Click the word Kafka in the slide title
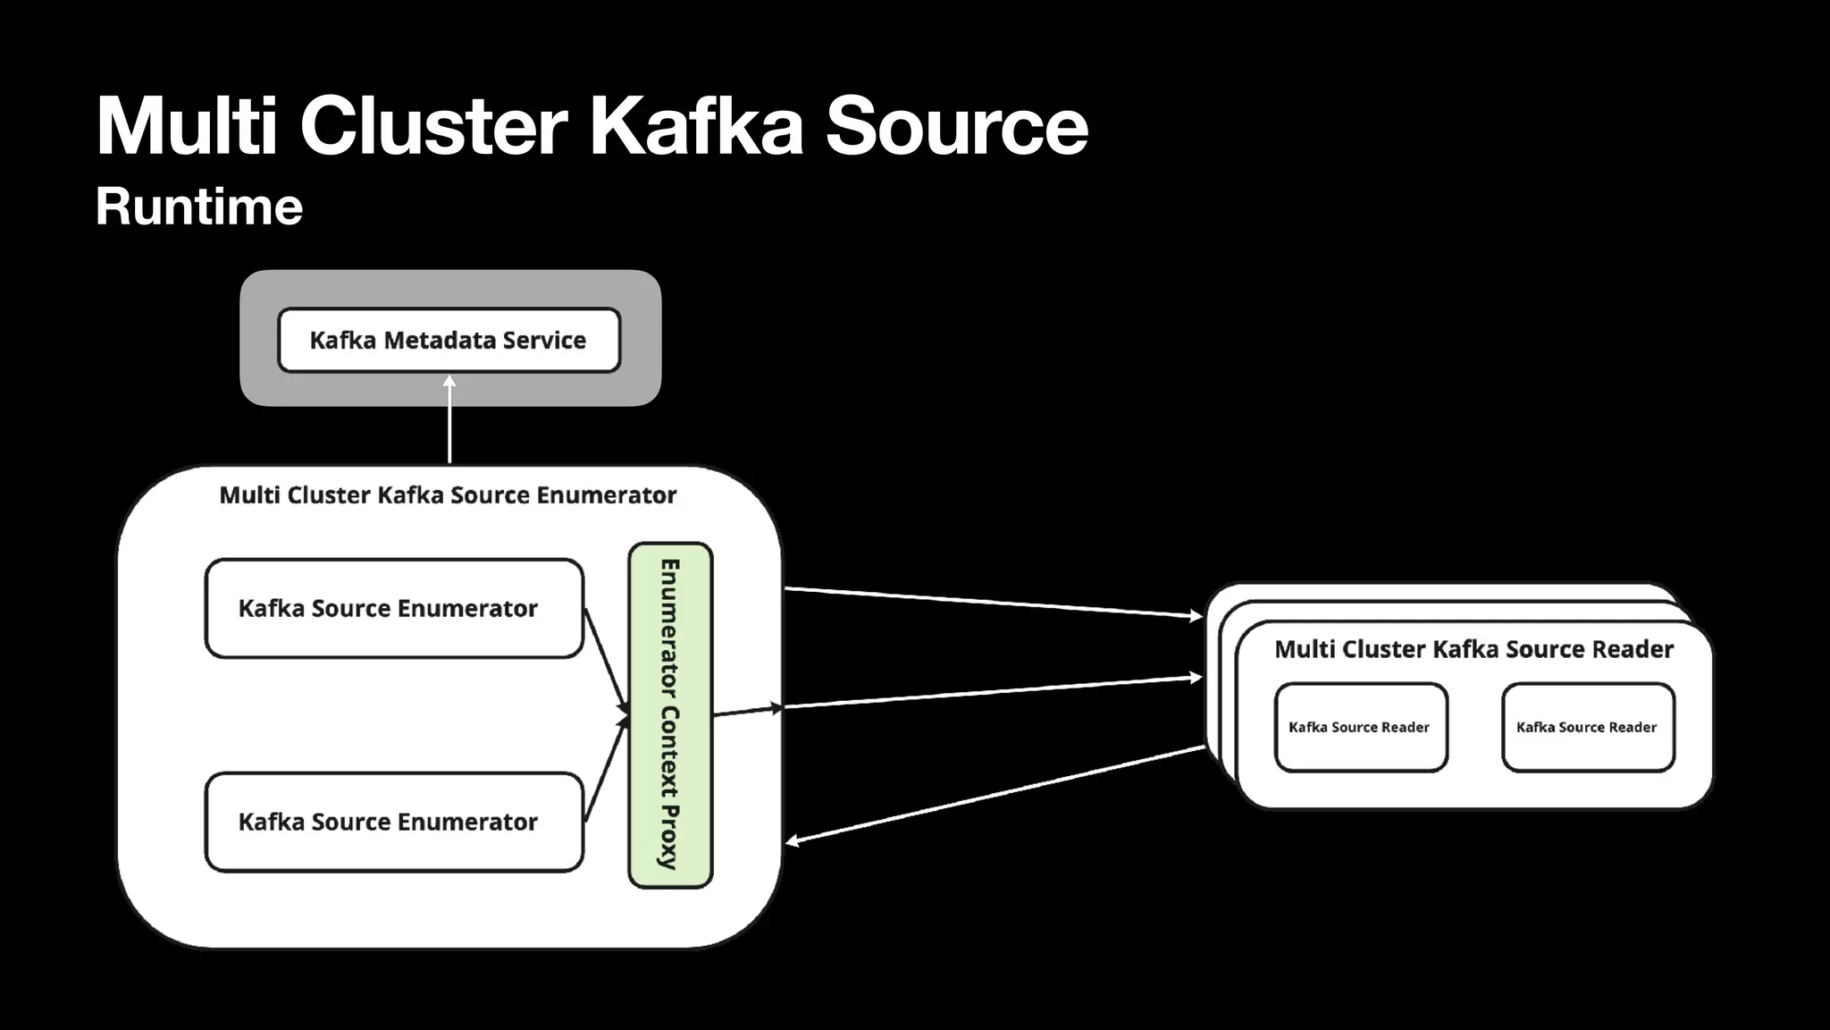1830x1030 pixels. tap(696, 126)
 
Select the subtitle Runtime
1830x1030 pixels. tap(198, 207)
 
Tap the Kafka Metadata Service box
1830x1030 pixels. tap(449, 340)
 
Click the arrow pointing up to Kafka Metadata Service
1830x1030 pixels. tap(449, 420)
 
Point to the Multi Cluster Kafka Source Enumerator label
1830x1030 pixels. tap(448, 495)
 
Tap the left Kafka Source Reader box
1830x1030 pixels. tap(1360, 727)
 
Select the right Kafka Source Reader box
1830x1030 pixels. tap(1587, 727)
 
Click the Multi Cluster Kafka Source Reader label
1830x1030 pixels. tap(1473, 649)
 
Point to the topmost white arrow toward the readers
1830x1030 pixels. tap(992, 602)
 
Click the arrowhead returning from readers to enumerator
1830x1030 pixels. tap(792, 840)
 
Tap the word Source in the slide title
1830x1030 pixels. tap(956, 126)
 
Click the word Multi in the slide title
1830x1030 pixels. tap(187, 126)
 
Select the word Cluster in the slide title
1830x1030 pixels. tap(433, 126)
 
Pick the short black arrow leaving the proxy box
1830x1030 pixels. tap(747, 711)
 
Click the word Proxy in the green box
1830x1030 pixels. tap(669, 837)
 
